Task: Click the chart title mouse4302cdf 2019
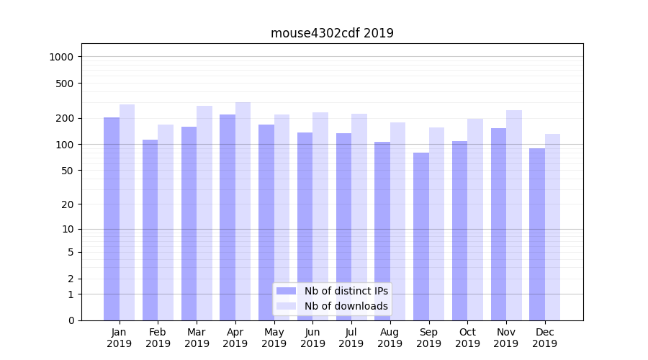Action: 332,33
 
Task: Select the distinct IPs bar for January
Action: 112,219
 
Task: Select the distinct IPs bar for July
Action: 343,227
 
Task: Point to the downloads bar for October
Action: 475,220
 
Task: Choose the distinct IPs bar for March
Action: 189,223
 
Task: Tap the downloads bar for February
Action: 166,222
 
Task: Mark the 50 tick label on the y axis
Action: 68,171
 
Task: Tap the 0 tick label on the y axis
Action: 71,320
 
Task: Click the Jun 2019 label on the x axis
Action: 312,338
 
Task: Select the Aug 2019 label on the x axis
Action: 390,338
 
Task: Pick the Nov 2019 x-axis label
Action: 506,338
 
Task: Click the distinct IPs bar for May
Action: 266,222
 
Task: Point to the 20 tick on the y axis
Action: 68,204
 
